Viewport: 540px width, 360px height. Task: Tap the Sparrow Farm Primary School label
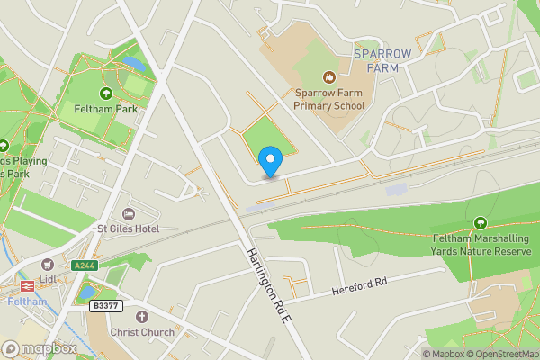tap(329, 98)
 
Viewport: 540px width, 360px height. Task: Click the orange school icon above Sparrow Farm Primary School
tap(328, 76)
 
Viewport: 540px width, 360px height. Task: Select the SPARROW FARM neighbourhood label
tap(382, 61)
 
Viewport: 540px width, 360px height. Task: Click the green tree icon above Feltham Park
tap(105, 93)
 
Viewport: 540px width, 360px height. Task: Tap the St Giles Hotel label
tap(128, 229)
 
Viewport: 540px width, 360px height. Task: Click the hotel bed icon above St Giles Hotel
tap(128, 213)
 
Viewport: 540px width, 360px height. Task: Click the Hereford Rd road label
tap(358, 286)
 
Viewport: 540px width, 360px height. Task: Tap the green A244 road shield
tap(84, 265)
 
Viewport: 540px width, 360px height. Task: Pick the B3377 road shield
tap(106, 306)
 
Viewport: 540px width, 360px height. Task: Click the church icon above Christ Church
tap(139, 317)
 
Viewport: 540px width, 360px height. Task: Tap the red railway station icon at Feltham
tap(26, 286)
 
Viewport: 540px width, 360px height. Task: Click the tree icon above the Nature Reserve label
tap(481, 222)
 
